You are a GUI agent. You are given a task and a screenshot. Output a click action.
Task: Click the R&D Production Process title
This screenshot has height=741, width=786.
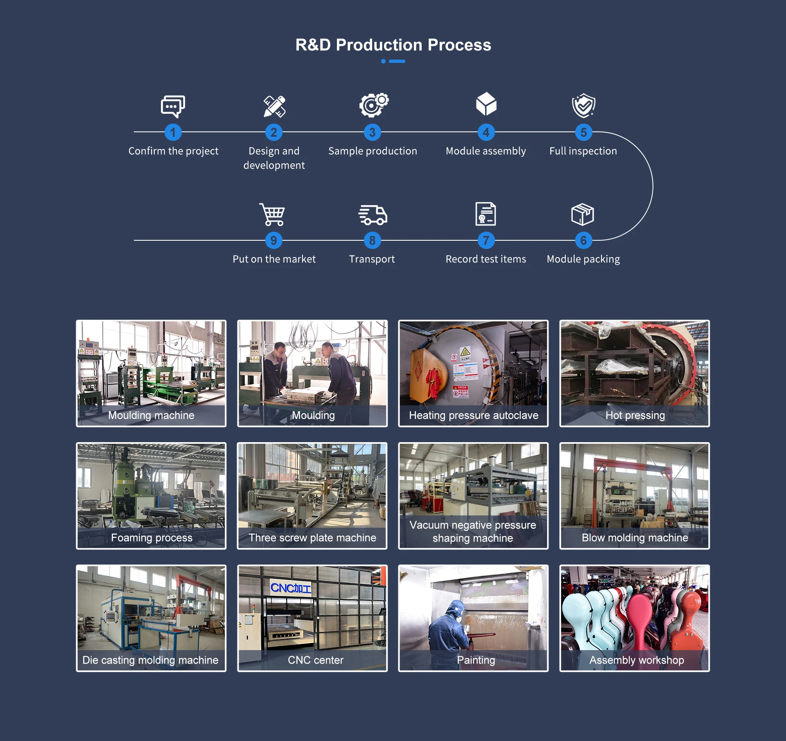point(393,45)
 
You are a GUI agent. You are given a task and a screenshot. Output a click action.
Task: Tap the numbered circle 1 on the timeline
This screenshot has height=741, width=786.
point(173,132)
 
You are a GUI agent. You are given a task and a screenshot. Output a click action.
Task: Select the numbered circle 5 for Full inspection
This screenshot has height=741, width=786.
point(583,132)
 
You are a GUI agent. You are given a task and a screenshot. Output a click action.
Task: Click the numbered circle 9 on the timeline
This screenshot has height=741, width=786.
point(273,240)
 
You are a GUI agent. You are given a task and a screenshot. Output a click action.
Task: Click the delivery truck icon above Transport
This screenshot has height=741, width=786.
point(373,215)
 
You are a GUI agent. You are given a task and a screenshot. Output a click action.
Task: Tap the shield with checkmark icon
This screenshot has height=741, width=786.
point(583,105)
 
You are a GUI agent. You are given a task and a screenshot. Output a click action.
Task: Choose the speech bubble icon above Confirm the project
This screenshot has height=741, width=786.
point(173,106)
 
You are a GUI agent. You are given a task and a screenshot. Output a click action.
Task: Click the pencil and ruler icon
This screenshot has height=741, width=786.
point(274,106)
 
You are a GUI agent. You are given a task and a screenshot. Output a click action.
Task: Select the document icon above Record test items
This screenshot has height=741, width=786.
point(486,214)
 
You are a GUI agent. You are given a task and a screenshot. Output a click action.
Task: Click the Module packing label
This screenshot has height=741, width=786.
point(583,259)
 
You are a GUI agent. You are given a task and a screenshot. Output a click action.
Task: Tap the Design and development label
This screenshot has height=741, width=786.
point(274,158)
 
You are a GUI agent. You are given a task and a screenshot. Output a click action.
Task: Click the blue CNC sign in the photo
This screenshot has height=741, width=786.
point(291,588)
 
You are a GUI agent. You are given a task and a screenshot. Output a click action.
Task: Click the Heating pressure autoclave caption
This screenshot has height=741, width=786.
point(474,415)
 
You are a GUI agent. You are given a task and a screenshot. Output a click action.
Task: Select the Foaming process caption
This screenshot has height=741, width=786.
point(151,538)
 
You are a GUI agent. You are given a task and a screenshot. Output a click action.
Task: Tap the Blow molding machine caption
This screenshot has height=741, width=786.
point(635,538)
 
